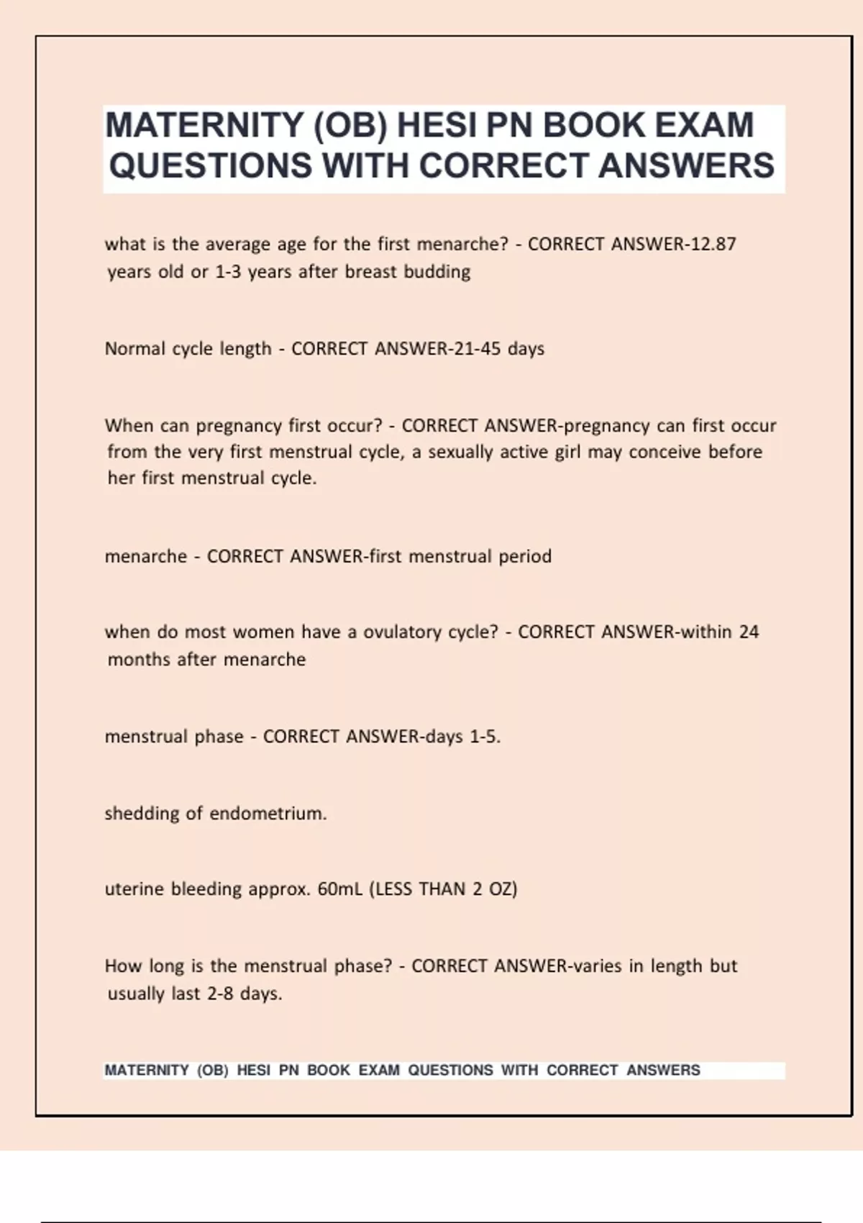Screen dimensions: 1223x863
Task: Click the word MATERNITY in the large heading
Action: (x=204, y=125)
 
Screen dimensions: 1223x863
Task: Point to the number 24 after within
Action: (x=749, y=632)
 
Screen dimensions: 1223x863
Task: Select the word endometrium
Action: (x=268, y=814)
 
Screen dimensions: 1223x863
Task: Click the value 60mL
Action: (x=340, y=889)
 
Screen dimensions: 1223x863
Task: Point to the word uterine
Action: (x=134, y=889)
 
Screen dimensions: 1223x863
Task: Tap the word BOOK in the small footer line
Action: (x=328, y=1070)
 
